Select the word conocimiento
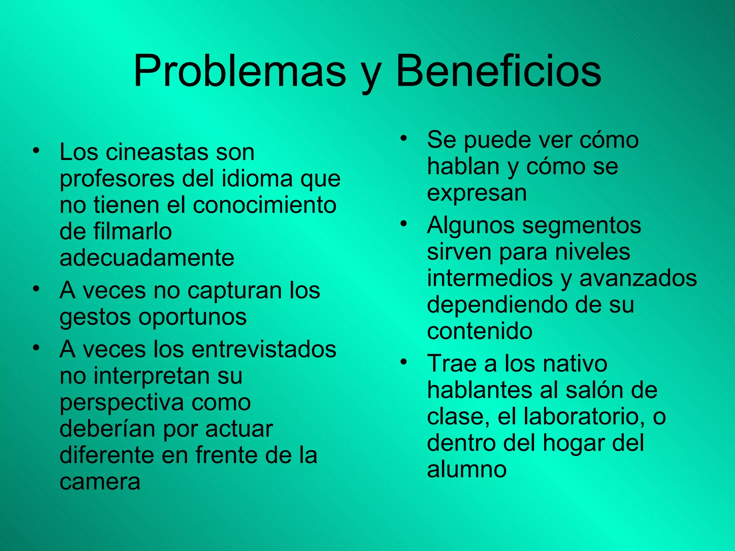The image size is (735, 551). (265, 205)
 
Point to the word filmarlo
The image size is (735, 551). (133, 231)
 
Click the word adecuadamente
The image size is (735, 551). (147, 258)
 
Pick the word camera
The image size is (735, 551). (100, 482)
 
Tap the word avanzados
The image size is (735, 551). (638, 278)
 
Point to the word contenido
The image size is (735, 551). (479, 331)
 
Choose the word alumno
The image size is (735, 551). (467, 469)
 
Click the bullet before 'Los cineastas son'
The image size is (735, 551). (35, 150)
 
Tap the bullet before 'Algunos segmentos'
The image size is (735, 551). (403, 224)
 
